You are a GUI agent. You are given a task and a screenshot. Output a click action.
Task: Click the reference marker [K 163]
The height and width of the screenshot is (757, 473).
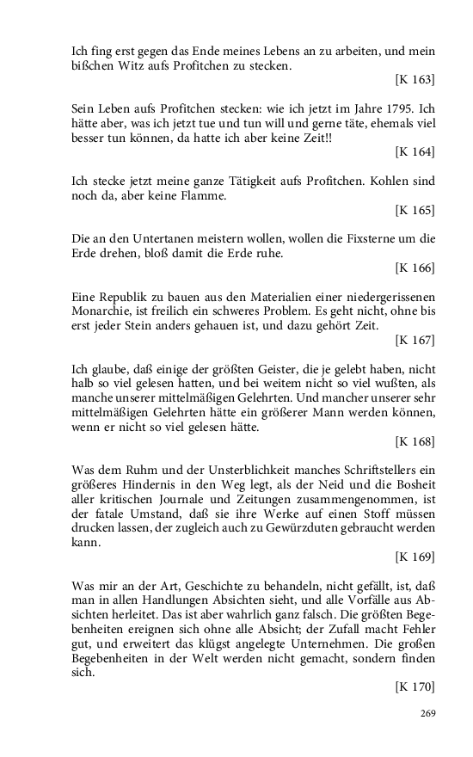point(415,79)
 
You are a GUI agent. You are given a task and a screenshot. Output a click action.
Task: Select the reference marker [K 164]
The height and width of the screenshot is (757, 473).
point(415,152)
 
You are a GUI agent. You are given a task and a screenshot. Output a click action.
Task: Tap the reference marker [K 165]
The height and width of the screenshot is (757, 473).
point(415,209)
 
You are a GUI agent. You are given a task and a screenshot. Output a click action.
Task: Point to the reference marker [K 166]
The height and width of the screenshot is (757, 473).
point(415,268)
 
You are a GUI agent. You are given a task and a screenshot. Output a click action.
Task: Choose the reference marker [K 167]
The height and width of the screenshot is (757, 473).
point(415,340)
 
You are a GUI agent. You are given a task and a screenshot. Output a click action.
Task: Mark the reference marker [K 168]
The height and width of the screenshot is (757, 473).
point(415,442)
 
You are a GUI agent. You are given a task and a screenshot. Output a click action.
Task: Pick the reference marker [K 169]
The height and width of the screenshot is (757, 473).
point(415,559)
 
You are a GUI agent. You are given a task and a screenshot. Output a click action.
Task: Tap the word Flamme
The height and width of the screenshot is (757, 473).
point(177,196)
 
